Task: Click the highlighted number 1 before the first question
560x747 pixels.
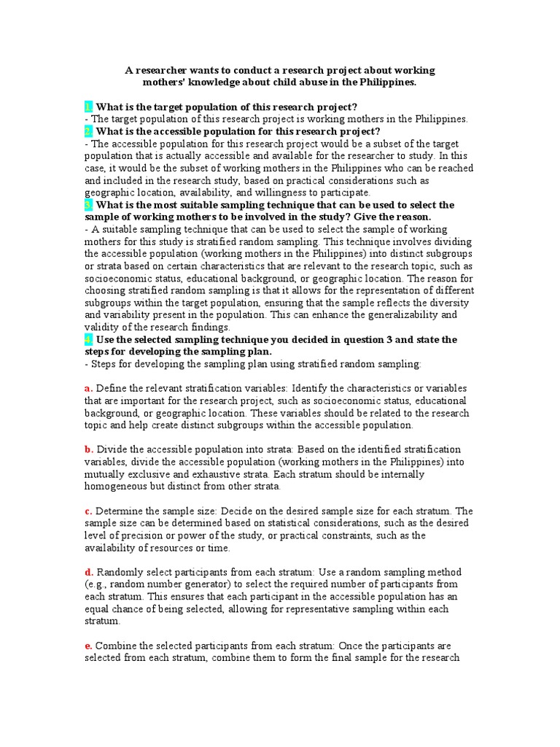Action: (x=88, y=107)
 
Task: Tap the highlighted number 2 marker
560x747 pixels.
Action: (x=88, y=131)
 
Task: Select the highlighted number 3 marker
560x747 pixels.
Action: (x=88, y=205)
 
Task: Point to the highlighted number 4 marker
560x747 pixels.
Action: (x=88, y=339)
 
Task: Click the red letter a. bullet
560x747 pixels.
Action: (x=88, y=388)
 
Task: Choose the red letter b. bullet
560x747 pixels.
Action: (x=88, y=449)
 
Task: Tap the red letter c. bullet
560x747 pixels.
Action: (x=88, y=511)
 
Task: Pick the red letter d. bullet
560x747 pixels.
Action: (x=88, y=572)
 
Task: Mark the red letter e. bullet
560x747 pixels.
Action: (x=88, y=646)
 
